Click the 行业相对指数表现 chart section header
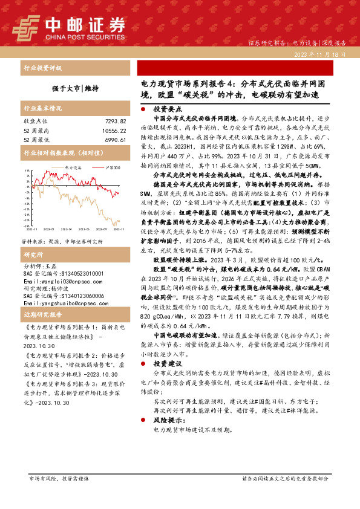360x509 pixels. click(54, 154)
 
